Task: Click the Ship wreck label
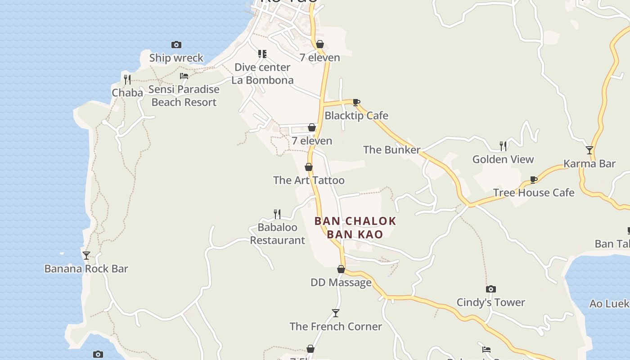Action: [176, 58]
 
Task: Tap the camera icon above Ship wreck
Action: [176, 45]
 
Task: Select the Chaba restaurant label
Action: [127, 93]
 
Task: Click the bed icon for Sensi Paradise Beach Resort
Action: [184, 76]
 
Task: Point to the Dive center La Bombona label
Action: [263, 74]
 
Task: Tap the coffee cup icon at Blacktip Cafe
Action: [356, 102]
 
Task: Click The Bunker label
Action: [391, 150]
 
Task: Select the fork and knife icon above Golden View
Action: [503, 146]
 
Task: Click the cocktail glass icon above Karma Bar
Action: [589, 150]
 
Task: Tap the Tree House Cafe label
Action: [534, 193]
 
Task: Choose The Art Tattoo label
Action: [309, 180]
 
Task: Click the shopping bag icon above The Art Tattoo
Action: [309, 167]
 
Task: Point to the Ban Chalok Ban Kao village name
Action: [355, 228]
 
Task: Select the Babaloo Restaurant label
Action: [278, 234]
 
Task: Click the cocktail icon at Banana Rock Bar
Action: [86, 256]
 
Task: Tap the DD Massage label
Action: [341, 283]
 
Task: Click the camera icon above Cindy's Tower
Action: [491, 289]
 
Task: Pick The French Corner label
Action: [336, 327]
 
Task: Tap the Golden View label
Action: [503, 159]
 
